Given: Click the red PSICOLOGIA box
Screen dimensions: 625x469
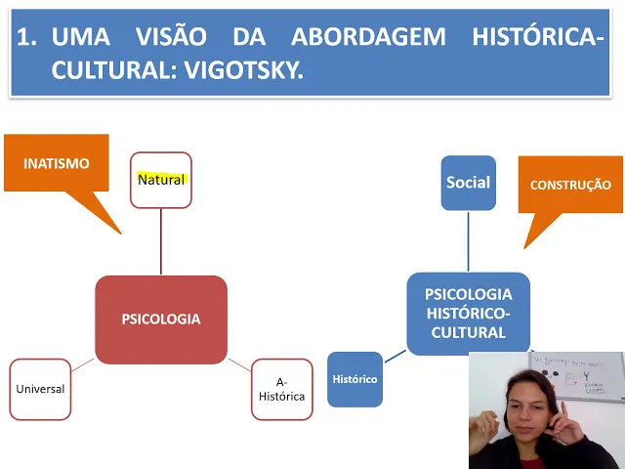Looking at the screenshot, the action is tap(161, 320).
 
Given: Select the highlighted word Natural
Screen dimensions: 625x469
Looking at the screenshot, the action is tap(161, 179).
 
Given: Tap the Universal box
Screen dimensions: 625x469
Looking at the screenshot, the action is tap(40, 389).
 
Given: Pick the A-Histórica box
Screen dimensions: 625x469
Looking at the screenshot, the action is tap(282, 389).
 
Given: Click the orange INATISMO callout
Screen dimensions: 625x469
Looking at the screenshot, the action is tap(57, 164).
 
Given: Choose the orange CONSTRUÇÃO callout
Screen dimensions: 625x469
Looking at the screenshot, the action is tap(570, 185).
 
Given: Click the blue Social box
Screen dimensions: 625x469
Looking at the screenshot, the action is tap(468, 183).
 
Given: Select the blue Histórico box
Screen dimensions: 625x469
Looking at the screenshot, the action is tap(354, 379).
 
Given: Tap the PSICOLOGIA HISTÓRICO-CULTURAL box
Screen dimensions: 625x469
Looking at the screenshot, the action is tap(468, 313).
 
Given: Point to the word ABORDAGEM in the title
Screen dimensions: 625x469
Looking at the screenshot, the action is tap(368, 38).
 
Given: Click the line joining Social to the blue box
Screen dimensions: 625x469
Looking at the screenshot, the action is tap(468, 240).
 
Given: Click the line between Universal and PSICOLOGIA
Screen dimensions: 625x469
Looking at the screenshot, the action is tap(83, 365).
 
